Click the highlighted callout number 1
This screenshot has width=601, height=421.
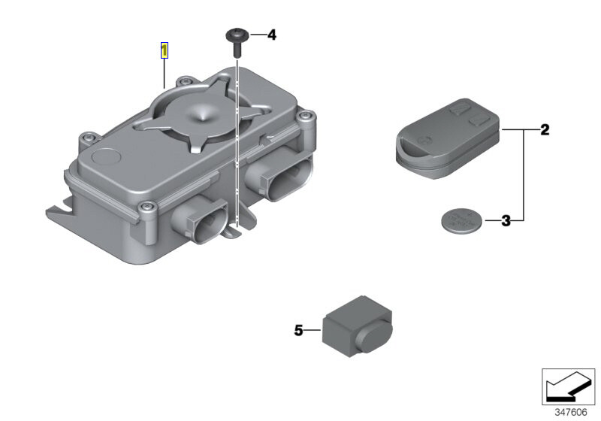coord(165,51)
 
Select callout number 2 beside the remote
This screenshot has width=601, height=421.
coord(545,130)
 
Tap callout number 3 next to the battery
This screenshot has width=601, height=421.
coord(506,221)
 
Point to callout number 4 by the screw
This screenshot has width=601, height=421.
coord(271,35)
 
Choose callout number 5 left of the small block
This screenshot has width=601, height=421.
coord(298,330)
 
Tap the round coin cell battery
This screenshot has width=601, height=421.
coord(460,221)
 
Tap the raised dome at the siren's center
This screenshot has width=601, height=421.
coord(201,112)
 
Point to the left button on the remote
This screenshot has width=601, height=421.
coord(457,110)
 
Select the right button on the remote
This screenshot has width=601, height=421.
coord(479,118)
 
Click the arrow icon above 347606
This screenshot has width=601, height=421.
coord(568,386)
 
